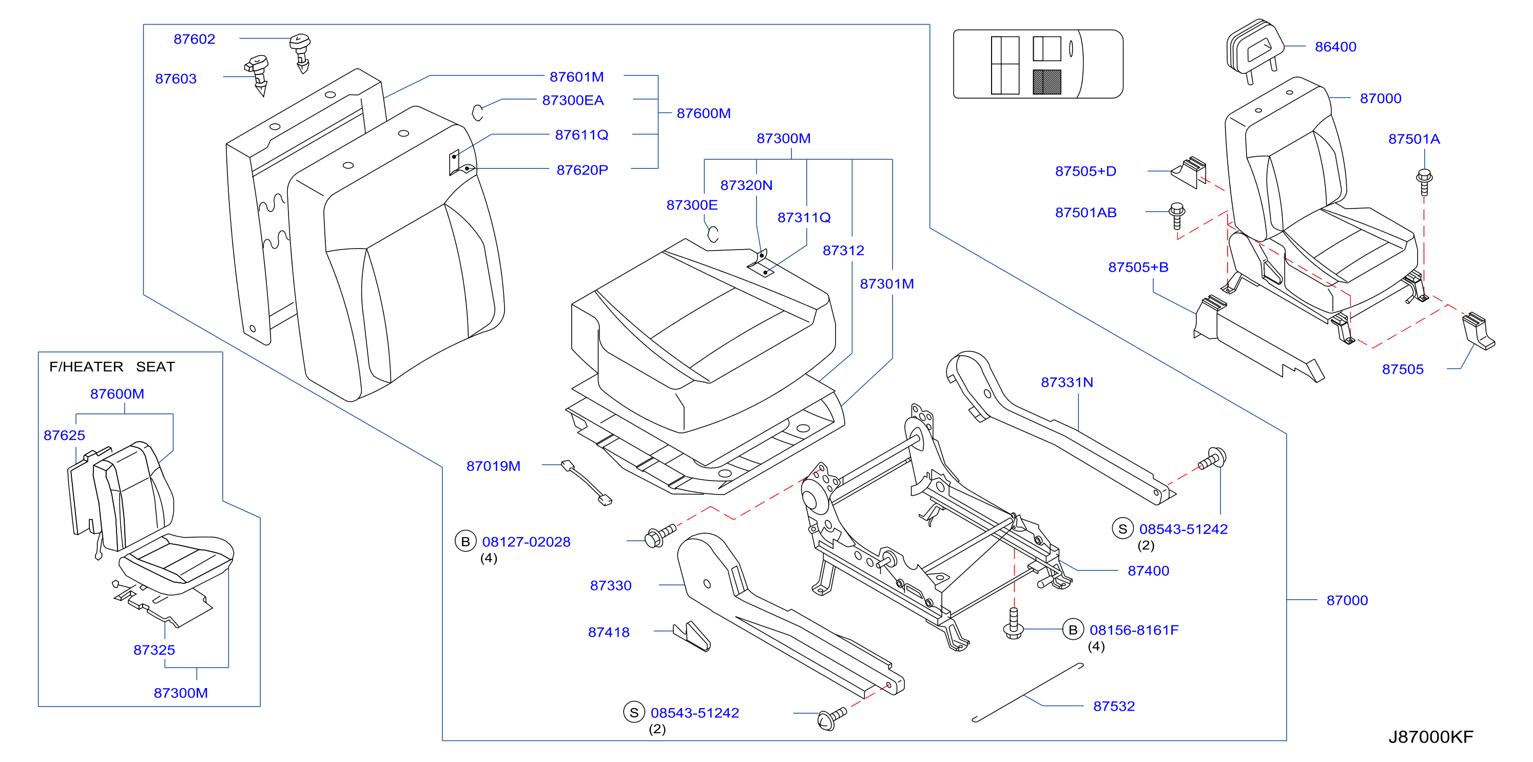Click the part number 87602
194,40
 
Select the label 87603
176,79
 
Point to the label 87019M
493,466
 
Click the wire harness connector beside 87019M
586,482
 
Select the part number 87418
609,632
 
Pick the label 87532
1114,706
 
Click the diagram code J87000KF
1431,737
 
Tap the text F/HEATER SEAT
112,367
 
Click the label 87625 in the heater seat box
64,435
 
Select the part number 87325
154,650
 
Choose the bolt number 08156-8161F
1134,630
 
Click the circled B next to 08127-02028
465,541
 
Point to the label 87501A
1414,139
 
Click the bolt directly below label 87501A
1424,182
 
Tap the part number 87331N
1067,382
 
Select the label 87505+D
1085,171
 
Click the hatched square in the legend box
1047,82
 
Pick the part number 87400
1149,570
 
